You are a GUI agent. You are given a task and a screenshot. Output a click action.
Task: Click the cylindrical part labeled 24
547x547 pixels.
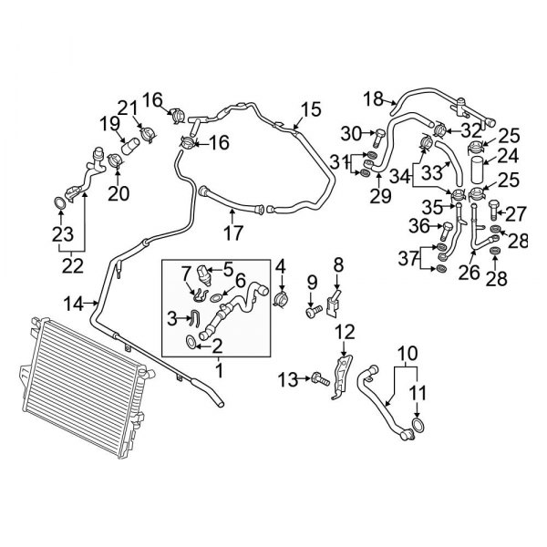pyautogui.click(x=480, y=170)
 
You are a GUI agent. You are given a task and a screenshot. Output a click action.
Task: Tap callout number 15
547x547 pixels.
pyautogui.click(x=312, y=110)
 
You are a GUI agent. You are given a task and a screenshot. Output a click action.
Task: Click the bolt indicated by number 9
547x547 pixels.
pyautogui.click(x=313, y=310)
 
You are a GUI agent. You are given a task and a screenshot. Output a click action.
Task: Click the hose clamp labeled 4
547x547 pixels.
pyautogui.click(x=282, y=296)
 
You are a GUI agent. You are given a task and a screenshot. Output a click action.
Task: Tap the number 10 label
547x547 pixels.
pyautogui.click(x=406, y=351)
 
